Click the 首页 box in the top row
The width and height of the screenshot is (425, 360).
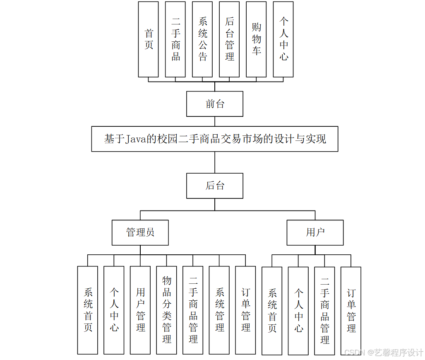(x=148, y=39)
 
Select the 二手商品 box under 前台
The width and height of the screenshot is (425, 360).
(x=175, y=39)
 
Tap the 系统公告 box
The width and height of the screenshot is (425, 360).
(x=202, y=39)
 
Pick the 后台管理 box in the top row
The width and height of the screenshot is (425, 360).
(x=229, y=39)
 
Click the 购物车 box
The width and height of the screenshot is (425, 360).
(x=256, y=39)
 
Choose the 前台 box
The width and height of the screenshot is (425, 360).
(x=215, y=104)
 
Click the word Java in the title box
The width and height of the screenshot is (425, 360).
(x=135, y=139)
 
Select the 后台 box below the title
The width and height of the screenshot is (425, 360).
(x=215, y=186)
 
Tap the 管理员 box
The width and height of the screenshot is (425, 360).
(x=140, y=232)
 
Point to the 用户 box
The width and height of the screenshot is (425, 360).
(x=315, y=232)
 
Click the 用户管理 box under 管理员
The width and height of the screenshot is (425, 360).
(x=140, y=310)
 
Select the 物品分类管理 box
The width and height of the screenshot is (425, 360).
(x=167, y=310)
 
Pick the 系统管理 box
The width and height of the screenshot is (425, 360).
(x=219, y=310)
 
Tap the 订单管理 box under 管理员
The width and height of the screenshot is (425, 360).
(x=246, y=310)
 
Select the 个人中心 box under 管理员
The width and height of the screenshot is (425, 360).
(x=114, y=310)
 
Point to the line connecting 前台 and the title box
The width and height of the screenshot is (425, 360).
(x=215, y=121)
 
